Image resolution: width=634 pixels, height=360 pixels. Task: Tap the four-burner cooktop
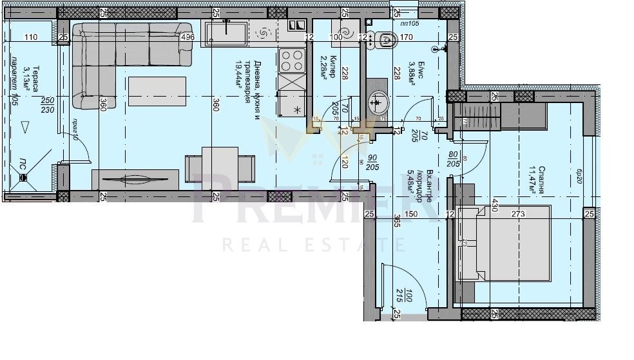[292, 61]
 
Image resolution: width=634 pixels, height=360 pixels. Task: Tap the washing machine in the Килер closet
[344, 32]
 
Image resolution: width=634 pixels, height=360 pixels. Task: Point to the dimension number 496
[187, 37]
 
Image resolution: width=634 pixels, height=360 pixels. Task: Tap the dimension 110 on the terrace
[30, 37]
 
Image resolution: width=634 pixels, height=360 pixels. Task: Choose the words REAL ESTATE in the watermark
[304, 244]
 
